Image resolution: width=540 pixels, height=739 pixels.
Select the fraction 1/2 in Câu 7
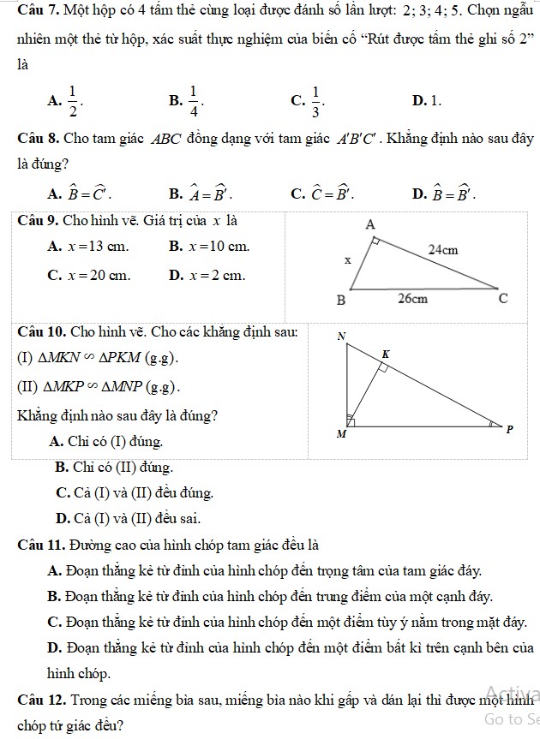[72, 101]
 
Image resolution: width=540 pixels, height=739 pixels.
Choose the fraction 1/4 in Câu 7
[193, 101]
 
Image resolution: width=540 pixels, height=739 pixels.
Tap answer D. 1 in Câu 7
[426, 102]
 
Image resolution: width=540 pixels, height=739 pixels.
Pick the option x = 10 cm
[210, 247]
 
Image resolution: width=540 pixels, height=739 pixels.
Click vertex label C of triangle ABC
[503, 299]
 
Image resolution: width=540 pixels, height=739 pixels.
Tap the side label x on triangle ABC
[347, 259]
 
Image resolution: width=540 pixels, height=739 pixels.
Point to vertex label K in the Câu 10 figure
[385, 354]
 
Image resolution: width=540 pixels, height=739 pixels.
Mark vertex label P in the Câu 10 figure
[510, 428]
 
